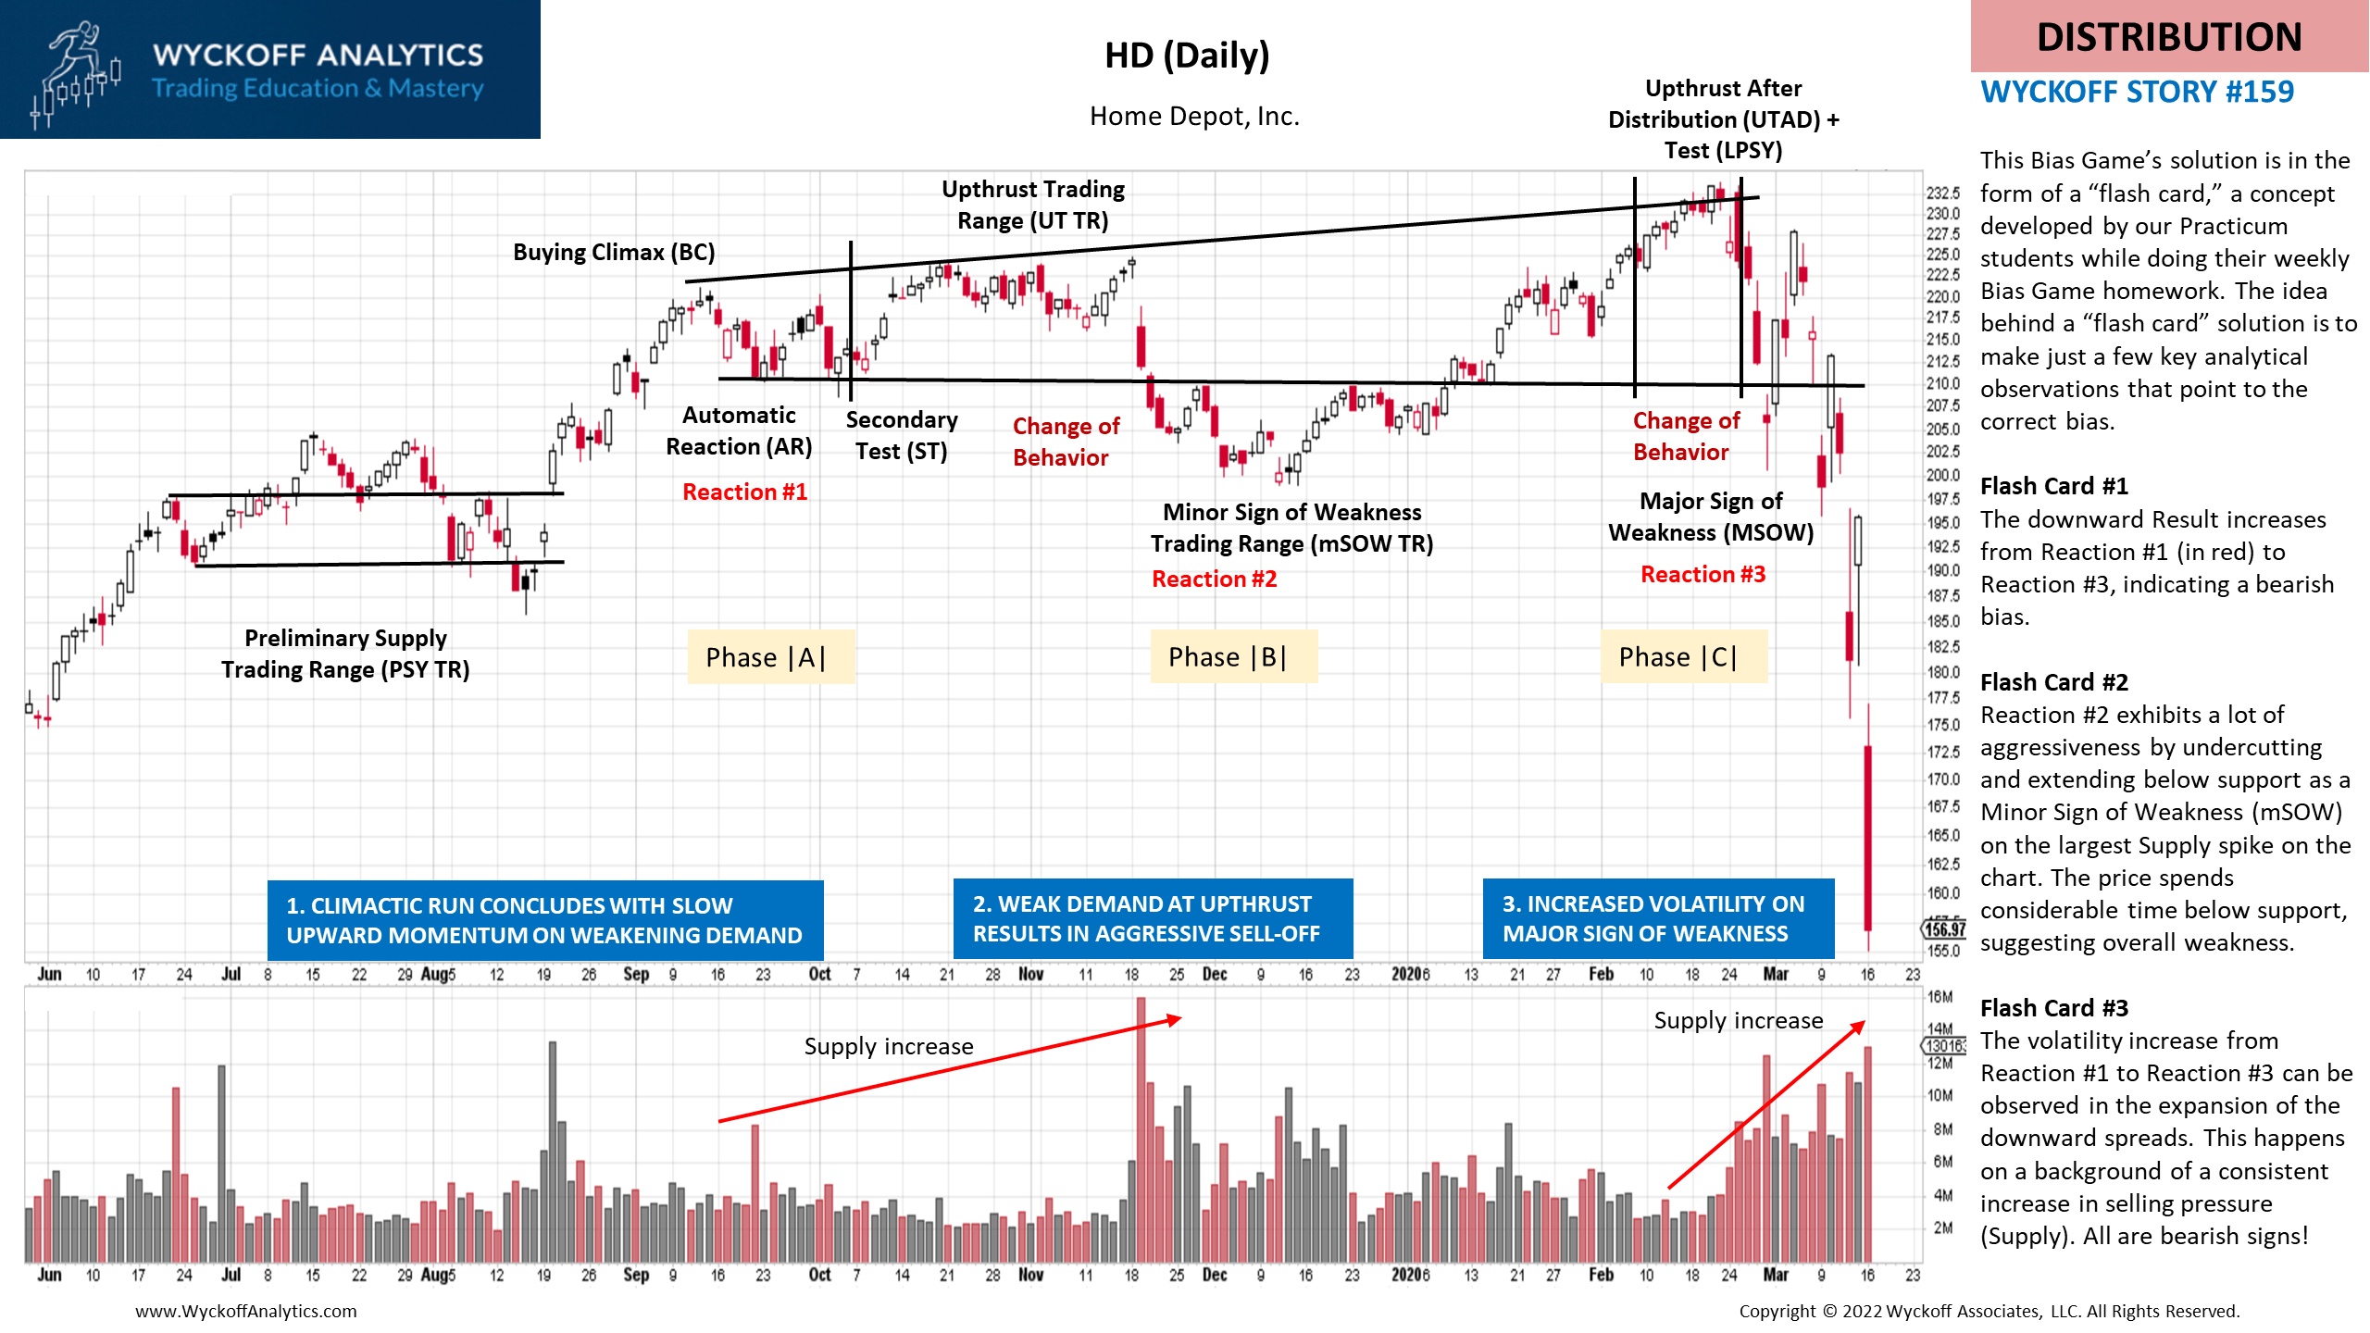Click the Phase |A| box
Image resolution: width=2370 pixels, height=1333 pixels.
pyautogui.click(x=769, y=657)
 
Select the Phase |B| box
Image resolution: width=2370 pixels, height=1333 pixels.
pyautogui.click(x=1231, y=657)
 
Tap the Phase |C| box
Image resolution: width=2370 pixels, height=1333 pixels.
pyautogui.click(x=1682, y=657)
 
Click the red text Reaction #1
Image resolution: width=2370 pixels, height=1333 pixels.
pyautogui.click(x=744, y=492)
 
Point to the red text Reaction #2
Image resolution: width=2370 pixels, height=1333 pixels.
pyautogui.click(x=1214, y=579)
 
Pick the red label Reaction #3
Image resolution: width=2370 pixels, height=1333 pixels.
pyautogui.click(x=1703, y=574)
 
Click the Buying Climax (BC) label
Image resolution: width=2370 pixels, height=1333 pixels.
pyautogui.click(x=614, y=252)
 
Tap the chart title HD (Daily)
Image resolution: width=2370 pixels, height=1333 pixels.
pyautogui.click(x=1186, y=56)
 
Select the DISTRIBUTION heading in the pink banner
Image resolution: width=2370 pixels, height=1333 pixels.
pyautogui.click(x=2168, y=37)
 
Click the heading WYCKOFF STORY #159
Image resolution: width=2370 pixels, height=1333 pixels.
pyautogui.click(x=2137, y=92)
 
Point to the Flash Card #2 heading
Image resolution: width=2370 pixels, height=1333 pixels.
pyautogui.click(x=2053, y=682)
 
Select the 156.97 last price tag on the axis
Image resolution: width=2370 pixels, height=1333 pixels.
pyautogui.click(x=1944, y=928)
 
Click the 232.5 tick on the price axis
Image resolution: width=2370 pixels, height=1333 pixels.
pyautogui.click(x=1942, y=193)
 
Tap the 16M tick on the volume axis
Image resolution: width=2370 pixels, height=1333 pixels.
pyautogui.click(x=1940, y=997)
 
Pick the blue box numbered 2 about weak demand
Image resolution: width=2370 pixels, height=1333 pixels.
pyautogui.click(x=1153, y=918)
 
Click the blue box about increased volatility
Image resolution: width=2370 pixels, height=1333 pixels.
pyautogui.click(x=1657, y=918)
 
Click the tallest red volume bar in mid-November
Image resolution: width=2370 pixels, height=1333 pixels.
pyautogui.click(x=1141, y=1129)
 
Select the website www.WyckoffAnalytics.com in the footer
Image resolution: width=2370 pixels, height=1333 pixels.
pyautogui.click(x=245, y=1311)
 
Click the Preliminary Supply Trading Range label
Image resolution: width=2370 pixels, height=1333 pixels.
pyautogui.click(x=345, y=654)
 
